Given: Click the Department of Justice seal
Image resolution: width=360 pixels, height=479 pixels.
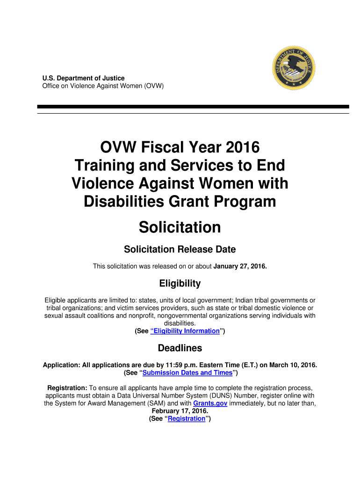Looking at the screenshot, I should coord(294,67).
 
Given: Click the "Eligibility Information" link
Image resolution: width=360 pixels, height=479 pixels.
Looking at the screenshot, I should coord(185,331).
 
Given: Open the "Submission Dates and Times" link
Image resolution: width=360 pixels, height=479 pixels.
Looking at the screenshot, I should coord(187,373).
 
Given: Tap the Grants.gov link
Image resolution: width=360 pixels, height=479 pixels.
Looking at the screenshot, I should coord(210,403).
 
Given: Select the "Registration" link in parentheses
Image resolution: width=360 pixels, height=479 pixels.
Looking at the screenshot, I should coord(187,419).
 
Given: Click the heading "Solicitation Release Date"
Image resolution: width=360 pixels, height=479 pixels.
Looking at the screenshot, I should coord(180,249).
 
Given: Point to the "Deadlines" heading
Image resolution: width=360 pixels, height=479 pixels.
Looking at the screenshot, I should coord(180,348).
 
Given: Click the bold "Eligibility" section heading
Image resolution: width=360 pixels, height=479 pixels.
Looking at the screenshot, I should coord(180,283).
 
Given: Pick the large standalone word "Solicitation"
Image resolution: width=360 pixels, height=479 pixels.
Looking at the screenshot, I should coord(180,227).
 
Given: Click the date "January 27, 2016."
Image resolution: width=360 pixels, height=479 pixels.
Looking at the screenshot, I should coord(240,267).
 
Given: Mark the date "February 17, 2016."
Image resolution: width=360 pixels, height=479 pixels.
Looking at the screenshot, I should coord(180,411).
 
